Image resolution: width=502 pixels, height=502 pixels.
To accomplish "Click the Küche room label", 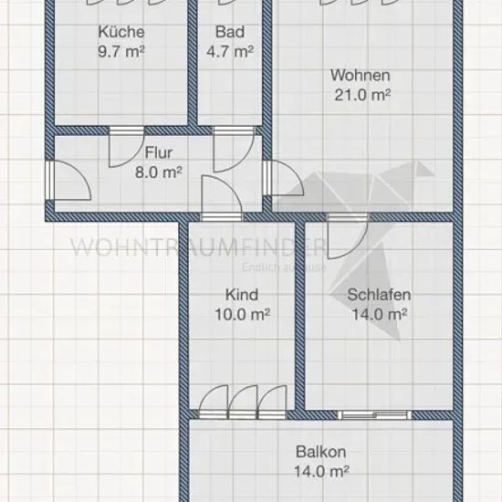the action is [x=121, y=32].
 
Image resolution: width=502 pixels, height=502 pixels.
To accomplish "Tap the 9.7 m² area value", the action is [x=121, y=51].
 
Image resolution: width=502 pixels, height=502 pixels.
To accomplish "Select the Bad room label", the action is [x=230, y=32].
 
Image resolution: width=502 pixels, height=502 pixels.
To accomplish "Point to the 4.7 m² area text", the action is [x=230, y=51].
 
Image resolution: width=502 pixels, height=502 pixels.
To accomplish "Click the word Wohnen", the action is [x=361, y=76].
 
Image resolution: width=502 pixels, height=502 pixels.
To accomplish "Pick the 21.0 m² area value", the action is [x=362, y=95].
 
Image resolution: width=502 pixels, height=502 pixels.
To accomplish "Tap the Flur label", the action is [x=159, y=152].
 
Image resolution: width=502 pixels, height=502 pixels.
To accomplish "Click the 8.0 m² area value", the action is [x=159, y=173].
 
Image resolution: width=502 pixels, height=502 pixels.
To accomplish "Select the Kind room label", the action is [x=242, y=295].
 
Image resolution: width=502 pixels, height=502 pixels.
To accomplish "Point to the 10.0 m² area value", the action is [x=243, y=314].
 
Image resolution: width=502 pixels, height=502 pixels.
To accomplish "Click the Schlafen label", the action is [x=379, y=295].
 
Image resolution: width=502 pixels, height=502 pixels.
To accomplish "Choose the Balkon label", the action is [x=320, y=452].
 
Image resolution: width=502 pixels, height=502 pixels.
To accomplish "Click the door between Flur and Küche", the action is [x=127, y=147].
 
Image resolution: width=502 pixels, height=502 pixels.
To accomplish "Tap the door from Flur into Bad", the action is [x=234, y=149].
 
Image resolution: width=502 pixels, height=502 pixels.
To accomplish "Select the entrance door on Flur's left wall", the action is [x=68, y=181].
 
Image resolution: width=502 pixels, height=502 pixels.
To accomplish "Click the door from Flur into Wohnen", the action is [x=283, y=178].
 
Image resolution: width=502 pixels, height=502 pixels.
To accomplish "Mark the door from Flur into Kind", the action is [x=222, y=198].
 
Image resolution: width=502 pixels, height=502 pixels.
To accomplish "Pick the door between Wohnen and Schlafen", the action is [x=348, y=236].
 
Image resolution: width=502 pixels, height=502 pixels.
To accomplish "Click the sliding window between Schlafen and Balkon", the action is [x=374, y=415].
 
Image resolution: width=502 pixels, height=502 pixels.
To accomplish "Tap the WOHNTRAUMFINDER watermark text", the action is [x=198, y=246].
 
